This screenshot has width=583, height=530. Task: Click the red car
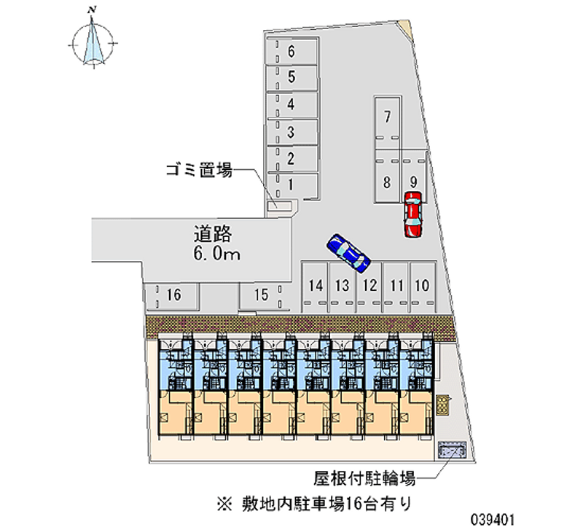pyautogui.click(x=412, y=215)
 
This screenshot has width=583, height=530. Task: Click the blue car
pyautogui.click(x=349, y=252)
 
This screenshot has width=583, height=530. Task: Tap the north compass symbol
pyautogui.click(x=93, y=40)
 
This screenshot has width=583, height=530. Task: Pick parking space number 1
pyautogui.click(x=291, y=184)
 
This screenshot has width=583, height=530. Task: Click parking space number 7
pyautogui.click(x=388, y=117)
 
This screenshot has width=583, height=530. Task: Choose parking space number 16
pyautogui.click(x=173, y=295)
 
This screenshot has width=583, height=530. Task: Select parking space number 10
pyautogui.click(x=421, y=286)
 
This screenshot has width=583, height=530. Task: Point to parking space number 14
pyautogui.click(x=315, y=286)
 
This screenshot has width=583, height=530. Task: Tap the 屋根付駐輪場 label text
pyautogui.click(x=364, y=479)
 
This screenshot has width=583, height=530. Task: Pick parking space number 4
pyautogui.click(x=291, y=104)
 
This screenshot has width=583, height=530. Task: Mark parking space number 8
pyautogui.click(x=388, y=182)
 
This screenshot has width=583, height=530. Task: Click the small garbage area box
pyautogui.click(x=276, y=207)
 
